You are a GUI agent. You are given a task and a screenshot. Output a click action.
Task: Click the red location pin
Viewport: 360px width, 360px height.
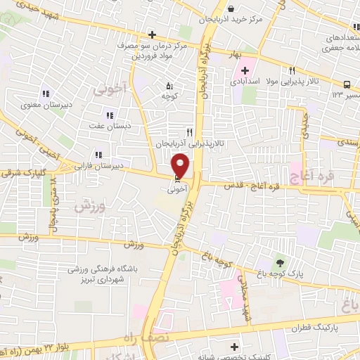pos(181,165)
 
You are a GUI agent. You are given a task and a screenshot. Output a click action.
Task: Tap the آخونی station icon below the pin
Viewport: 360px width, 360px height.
pos(176,180)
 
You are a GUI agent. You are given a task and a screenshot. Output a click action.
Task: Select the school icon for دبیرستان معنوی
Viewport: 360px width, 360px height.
pos(46,94)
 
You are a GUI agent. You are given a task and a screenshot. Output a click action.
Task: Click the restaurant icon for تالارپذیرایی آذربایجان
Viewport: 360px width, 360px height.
pos(188,131)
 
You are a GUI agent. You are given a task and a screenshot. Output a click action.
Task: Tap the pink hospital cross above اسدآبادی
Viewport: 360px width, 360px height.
pos(245,70)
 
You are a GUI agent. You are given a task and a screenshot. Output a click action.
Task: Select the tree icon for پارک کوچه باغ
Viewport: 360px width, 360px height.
pos(281,262)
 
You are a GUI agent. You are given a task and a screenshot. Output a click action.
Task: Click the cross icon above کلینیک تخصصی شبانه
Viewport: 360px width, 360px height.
pos(234,346)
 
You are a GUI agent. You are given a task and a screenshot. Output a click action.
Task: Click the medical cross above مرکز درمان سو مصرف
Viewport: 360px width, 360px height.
pos(153,34)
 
